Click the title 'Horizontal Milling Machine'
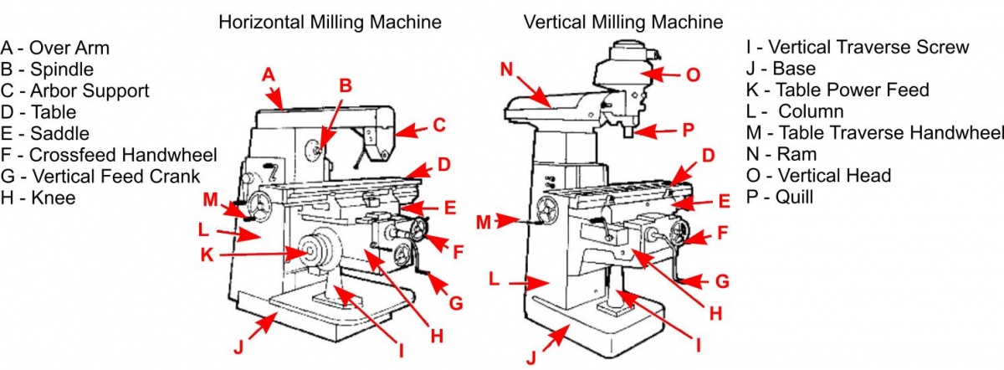330,22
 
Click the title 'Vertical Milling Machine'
623,22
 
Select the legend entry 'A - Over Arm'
55,47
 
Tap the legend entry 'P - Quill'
779,198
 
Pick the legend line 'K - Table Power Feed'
838,90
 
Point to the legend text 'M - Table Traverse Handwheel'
874,133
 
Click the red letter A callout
269,75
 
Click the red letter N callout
506,68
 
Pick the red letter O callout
693,75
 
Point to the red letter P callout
688,130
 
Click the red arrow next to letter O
664,75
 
